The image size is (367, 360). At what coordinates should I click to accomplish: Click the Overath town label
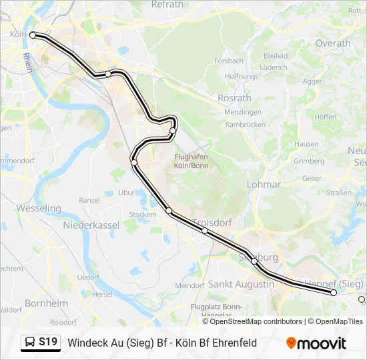[x=333, y=43]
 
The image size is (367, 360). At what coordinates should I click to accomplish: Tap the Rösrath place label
[x=234, y=97]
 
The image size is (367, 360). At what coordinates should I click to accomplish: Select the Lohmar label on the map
[x=264, y=183]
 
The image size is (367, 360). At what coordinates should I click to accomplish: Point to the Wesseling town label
[x=39, y=208]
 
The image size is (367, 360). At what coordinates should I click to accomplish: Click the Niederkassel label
[x=91, y=225]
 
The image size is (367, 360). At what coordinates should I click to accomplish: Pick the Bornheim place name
[x=46, y=303]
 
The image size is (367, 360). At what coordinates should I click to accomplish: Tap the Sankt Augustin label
[x=241, y=284]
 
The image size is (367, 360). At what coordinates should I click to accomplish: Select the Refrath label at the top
[x=167, y=4]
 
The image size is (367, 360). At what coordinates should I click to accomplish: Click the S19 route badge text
[x=48, y=342]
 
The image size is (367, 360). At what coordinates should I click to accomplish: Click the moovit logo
[x=316, y=343]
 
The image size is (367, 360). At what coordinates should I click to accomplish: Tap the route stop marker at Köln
[x=33, y=35]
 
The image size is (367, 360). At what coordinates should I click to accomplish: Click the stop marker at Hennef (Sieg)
[x=334, y=293]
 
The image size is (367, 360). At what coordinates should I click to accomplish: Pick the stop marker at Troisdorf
[x=205, y=231]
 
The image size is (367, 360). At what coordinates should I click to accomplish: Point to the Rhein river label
[x=27, y=63]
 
